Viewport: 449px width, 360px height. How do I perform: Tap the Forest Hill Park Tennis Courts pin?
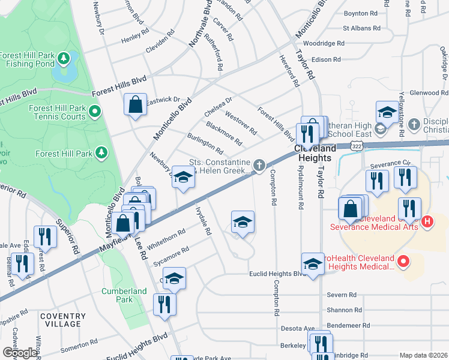[x=95, y=111]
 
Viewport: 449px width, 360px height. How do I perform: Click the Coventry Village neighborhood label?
[x=60, y=320]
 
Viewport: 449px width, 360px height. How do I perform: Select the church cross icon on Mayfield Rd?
[x=259, y=164]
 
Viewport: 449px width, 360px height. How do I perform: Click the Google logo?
[x=20, y=353]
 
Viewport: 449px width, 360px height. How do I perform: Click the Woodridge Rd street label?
[x=324, y=44]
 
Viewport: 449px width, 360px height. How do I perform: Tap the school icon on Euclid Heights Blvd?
[x=313, y=263]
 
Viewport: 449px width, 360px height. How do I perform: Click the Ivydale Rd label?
[x=203, y=222]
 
